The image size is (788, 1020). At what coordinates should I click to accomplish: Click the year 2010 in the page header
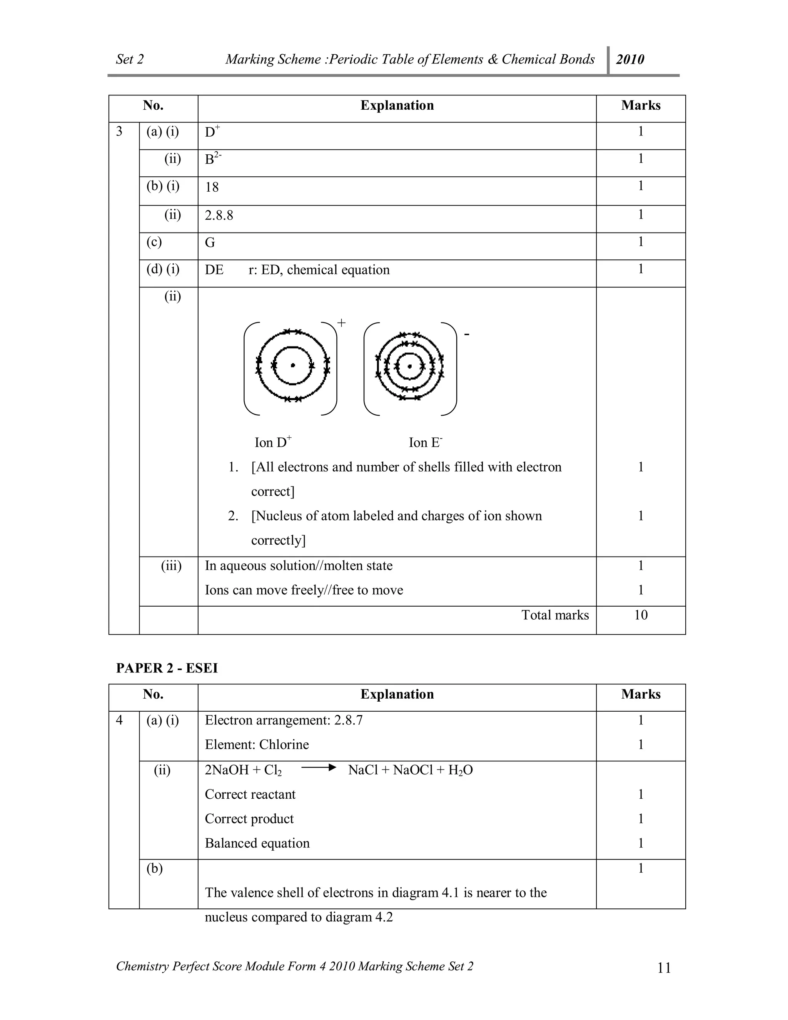(630, 59)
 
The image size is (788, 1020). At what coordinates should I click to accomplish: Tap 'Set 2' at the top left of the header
(130, 59)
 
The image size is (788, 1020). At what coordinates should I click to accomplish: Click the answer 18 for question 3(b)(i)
(212, 187)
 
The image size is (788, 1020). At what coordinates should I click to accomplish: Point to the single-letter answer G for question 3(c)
(210, 242)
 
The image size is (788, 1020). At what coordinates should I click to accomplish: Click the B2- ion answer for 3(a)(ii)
(213, 159)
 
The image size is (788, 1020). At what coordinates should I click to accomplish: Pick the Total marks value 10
(641, 615)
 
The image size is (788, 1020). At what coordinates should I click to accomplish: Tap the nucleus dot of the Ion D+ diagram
(293, 366)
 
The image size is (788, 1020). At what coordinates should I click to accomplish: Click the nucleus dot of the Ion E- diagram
(410, 366)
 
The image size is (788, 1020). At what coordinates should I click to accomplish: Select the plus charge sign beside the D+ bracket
(341, 323)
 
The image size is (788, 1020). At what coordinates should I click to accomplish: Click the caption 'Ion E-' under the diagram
(425, 442)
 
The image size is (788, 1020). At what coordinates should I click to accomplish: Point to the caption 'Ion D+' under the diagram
(273, 442)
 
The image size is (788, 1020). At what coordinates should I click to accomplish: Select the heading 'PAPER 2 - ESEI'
(167, 668)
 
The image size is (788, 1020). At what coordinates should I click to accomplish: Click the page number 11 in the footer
(663, 968)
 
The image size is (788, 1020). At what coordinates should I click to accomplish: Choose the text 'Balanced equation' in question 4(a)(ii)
(257, 843)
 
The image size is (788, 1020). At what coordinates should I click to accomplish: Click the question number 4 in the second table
(120, 720)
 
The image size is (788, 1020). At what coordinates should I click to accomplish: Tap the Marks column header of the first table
(641, 105)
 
